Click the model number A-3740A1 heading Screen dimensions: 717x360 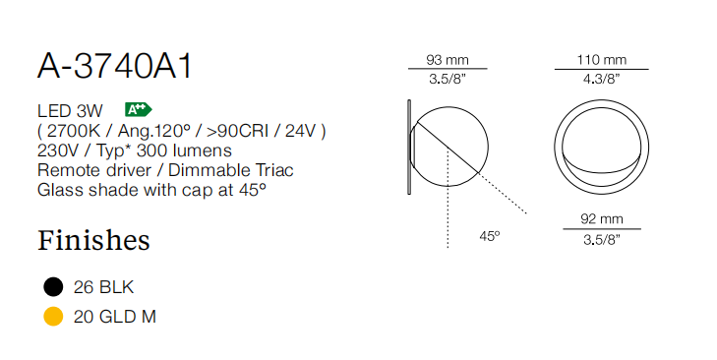[x=115, y=66]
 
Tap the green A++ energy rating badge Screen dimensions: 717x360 [x=138, y=110]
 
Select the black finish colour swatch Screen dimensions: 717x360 [x=53, y=287]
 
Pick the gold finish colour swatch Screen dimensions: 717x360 [x=53, y=316]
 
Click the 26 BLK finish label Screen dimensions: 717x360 [x=103, y=287]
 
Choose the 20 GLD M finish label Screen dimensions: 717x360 [x=115, y=317]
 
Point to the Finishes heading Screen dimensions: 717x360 [x=93, y=240]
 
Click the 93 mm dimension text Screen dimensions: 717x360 [x=448, y=60]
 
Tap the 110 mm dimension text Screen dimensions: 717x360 [x=601, y=60]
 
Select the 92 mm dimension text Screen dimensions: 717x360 [x=602, y=219]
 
